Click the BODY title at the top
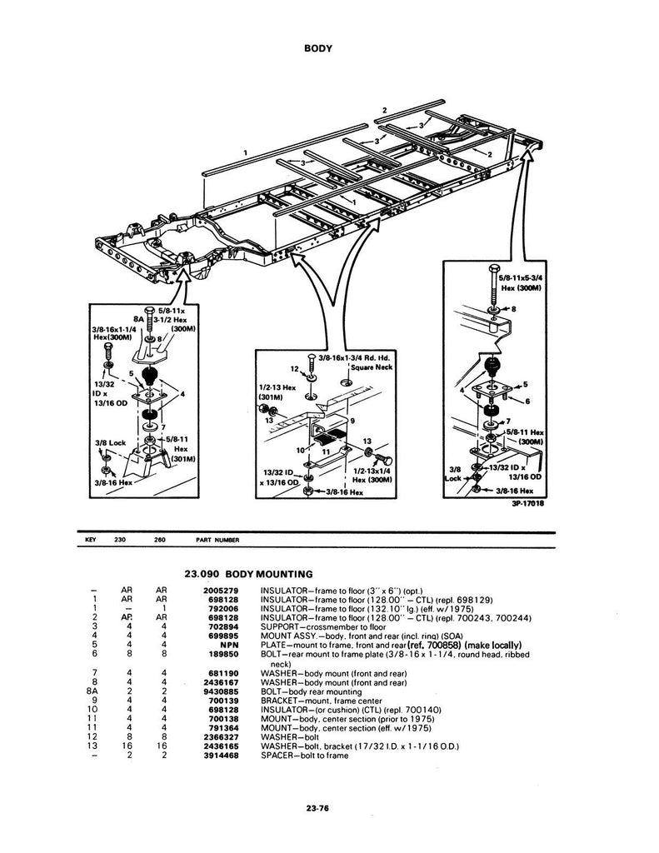point(317,47)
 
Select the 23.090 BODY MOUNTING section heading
point(249,573)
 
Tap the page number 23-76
point(317,808)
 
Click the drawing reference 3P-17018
point(527,503)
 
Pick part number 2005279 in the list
point(221,591)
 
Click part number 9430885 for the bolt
point(221,691)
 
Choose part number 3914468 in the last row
point(221,756)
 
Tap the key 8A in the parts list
point(92,691)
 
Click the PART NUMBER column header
point(217,540)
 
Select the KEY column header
point(91,540)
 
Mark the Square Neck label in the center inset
point(372,367)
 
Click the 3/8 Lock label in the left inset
point(111,443)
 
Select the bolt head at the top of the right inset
point(493,271)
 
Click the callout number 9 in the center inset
point(352,421)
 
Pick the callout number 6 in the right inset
point(527,402)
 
